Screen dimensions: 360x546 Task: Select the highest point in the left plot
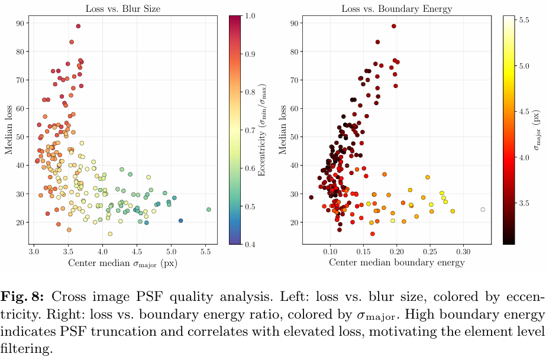pos(78,26)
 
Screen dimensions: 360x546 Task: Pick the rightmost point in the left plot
pos(209,209)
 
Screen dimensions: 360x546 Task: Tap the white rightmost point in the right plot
pos(483,209)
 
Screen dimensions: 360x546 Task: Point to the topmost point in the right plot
pos(394,26)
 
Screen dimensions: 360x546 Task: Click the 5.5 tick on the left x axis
pos(205,251)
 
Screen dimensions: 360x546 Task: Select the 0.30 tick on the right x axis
pos(463,251)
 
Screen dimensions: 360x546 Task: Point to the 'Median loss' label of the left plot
pos(9,130)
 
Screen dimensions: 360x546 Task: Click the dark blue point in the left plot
pos(180,220)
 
